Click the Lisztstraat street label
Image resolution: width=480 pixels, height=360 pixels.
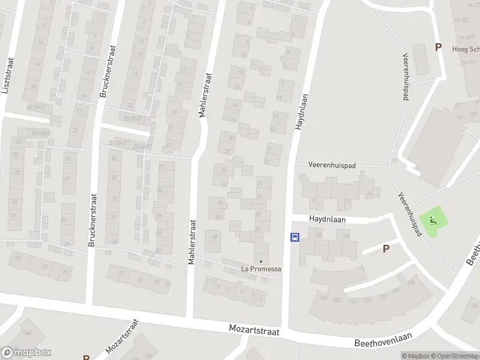tap(7, 76)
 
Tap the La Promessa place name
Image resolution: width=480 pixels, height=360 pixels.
tap(261, 269)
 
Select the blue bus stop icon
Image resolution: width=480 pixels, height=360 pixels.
tap(295, 237)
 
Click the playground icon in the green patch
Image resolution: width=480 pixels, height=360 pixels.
tap(434, 221)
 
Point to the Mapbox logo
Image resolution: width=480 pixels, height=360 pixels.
tap(26, 352)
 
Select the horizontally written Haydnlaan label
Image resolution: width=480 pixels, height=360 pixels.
tap(329, 220)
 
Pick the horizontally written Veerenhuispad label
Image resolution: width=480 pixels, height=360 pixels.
tap(332, 164)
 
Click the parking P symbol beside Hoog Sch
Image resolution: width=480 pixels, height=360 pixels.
tap(438, 47)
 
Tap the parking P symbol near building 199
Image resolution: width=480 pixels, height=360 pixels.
tap(386, 248)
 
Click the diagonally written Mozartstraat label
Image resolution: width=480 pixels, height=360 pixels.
tap(121, 337)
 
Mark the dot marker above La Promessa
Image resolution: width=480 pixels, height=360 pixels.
tap(260, 261)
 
